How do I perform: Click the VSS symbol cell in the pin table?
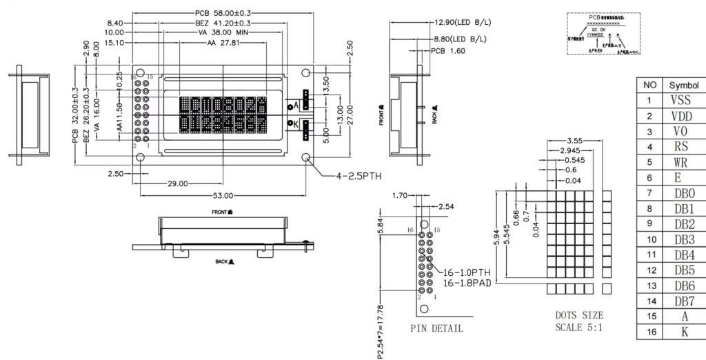(x=683, y=100)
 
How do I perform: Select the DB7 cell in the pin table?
(x=683, y=301)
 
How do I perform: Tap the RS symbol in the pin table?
(x=683, y=146)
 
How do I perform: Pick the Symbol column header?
(x=683, y=85)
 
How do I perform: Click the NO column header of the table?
(x=649, y=85)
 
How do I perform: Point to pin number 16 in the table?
(x=649, y=332)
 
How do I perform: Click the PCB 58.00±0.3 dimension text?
(x=223, y=12)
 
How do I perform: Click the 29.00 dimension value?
(x=177, y=183)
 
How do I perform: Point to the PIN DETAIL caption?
(x=436, y=328)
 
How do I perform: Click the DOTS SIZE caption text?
(x=579, y=316)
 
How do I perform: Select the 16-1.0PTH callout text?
(x=466, y=273)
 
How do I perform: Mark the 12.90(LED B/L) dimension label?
(x=463, y=22)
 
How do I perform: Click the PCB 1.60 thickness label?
(x=449, y=51)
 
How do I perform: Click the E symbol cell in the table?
(x=683, y=177)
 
